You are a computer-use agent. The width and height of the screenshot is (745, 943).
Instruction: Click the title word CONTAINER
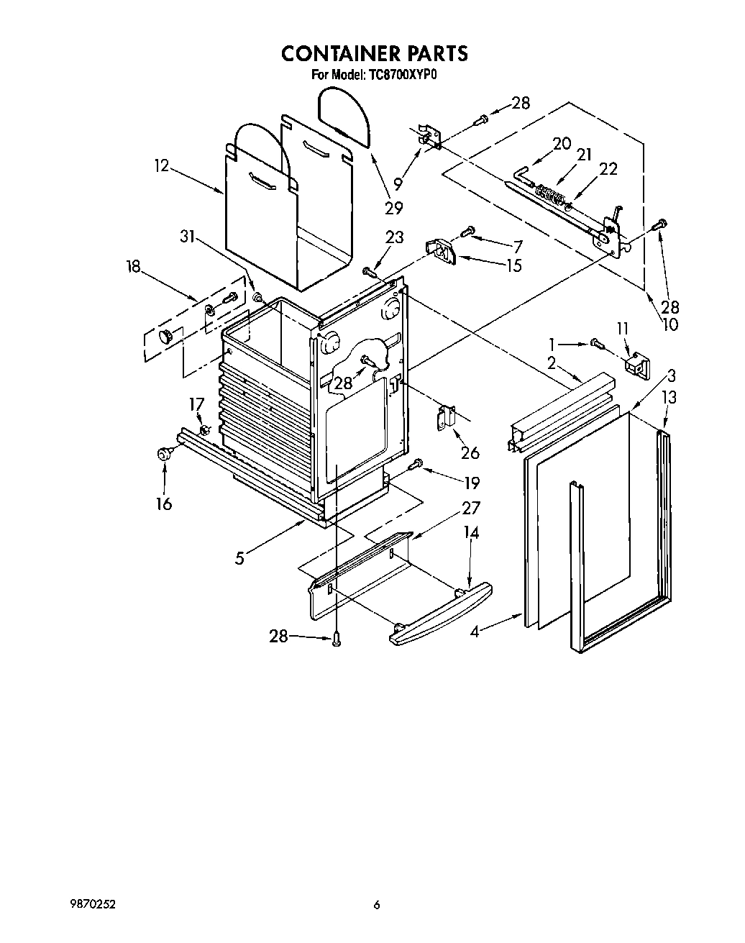pos(341,54)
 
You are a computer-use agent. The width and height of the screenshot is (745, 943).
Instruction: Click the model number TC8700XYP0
pos(397,74)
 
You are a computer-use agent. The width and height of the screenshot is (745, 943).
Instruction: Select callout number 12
pos(161,166)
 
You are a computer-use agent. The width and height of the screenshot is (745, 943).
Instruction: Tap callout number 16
pos(164,503)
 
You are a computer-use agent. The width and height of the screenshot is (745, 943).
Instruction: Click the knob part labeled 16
pos(165,454)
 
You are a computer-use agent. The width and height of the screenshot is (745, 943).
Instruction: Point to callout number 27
pos(470,508)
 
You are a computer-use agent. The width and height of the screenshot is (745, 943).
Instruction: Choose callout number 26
pos(470,452)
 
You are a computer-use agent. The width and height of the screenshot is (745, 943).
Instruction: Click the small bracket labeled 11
pos(635,367)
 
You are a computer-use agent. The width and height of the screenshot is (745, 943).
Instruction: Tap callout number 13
pos(669,398)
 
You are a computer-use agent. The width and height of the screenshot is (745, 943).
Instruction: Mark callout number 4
pos(474,632)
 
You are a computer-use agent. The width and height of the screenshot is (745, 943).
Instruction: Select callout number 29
pos(393,207)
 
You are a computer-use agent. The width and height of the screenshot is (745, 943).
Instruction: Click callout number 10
pos(669,324)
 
